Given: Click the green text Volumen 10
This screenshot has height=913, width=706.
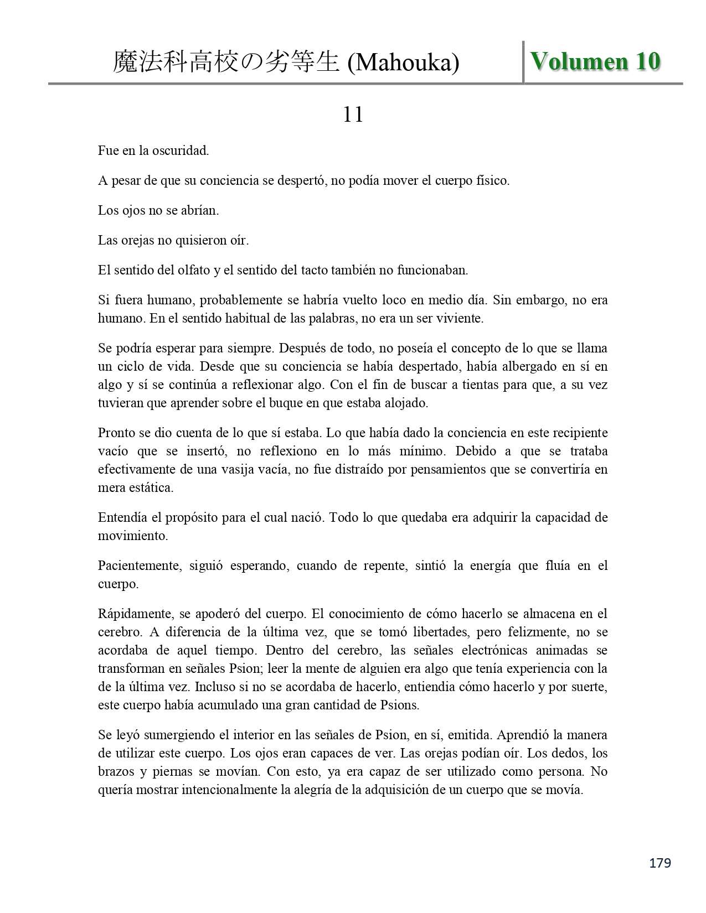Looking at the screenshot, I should click(x=595, y=61).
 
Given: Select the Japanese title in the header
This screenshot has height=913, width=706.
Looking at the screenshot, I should click(x=226, y=63).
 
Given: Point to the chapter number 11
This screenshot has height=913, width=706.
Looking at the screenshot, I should click(x=353, y=115).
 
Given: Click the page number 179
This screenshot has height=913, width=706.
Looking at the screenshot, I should click(x=659, y=863).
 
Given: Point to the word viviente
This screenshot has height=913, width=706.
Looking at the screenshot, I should click(x=461, y=318).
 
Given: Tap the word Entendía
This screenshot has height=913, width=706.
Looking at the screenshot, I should click(x=122, y=517).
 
